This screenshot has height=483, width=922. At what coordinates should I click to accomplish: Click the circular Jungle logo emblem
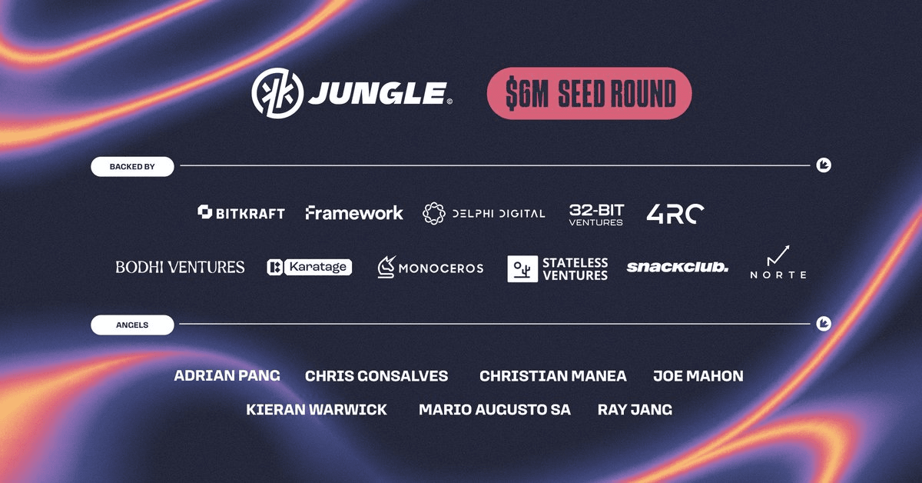tap(277, 93)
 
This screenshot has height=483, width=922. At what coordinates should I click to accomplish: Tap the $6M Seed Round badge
tap(589, 94)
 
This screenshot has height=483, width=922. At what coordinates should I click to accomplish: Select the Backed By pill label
tap(132, 166)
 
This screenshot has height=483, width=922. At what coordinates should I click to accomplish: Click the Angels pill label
tap(132, 325)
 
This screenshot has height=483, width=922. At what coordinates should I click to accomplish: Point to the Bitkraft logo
tap(241, 212)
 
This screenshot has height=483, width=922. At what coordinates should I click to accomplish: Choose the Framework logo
tap(354, 212)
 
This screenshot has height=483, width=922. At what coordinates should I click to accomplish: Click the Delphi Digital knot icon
tap(434, 213)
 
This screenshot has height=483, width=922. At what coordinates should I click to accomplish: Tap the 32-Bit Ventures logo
tap(596, 215)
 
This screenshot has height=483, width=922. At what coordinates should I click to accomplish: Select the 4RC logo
tap(675, 214)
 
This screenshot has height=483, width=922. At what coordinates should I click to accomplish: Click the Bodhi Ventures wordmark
tap(180, 267)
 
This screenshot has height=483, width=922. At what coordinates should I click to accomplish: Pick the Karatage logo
tap(309, 267)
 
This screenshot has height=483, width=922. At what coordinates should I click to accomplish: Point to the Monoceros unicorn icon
tap(386, 267)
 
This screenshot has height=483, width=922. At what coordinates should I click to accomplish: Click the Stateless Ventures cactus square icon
tap(522, 268)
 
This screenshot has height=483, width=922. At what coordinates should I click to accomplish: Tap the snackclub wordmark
tap(678, 267)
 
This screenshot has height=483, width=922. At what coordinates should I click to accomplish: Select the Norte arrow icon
tap(778, 255)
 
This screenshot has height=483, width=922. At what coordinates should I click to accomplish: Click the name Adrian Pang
tap(227, 375)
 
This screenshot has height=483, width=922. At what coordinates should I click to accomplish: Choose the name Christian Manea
tap(552, 376)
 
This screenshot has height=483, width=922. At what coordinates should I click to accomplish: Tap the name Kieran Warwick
tap(317, 410)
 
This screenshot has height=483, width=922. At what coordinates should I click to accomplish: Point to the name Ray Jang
tap(635, 410)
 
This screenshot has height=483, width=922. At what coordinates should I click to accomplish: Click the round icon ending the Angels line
tap(824, 324)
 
